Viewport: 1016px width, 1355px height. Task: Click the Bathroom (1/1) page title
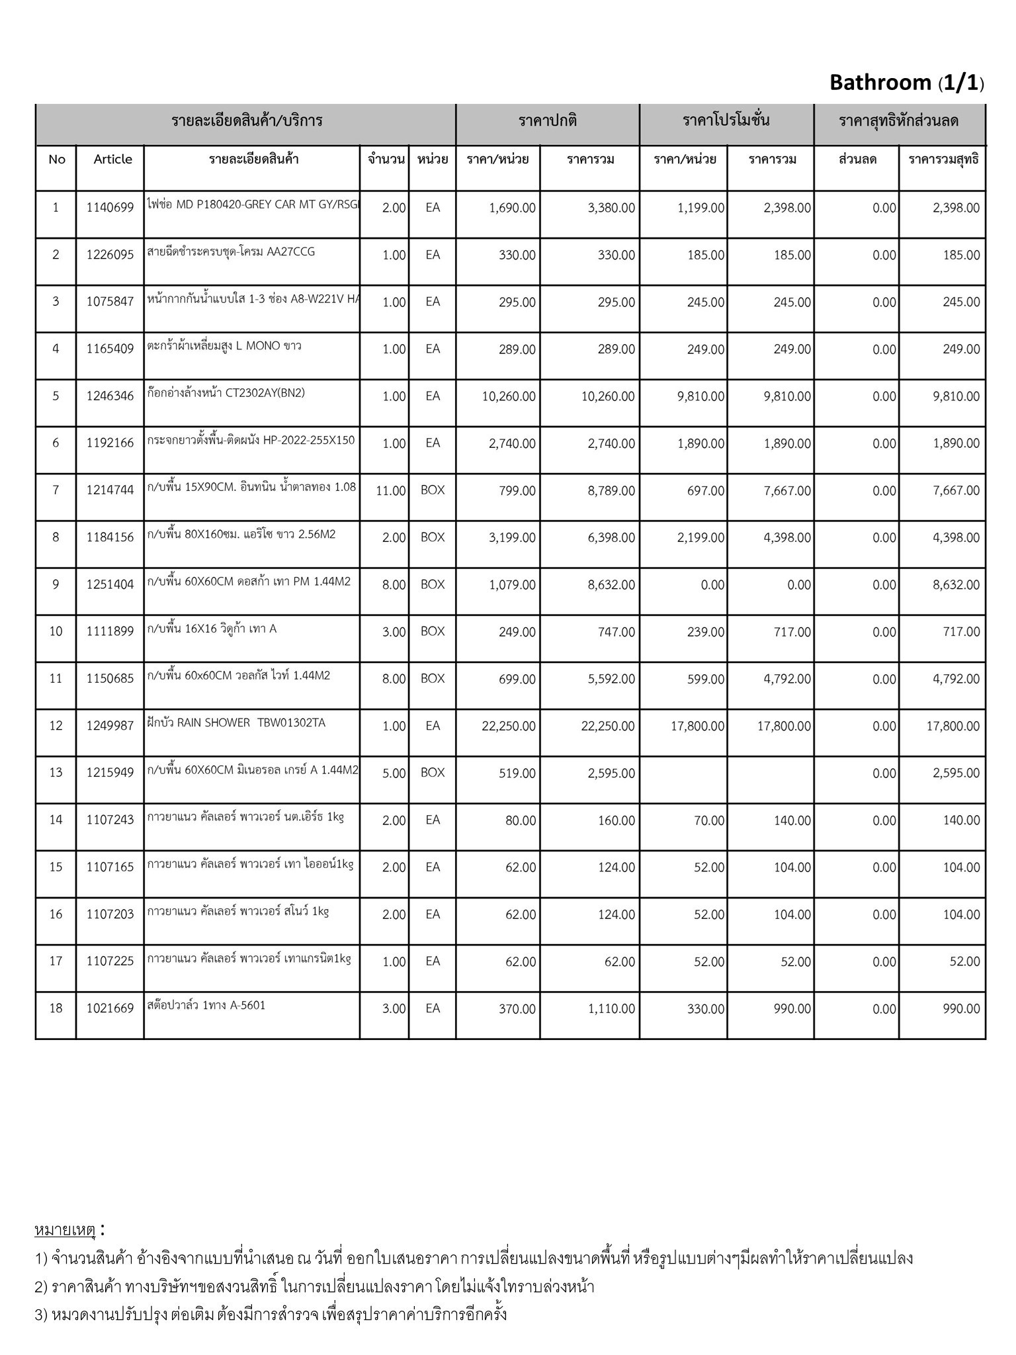click(x=906, y=83)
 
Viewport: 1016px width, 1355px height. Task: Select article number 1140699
click(x=110, y=208)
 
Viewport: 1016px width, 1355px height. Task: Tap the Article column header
click(x=112, y=159)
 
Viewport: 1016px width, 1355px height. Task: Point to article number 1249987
click(x=110, y=726)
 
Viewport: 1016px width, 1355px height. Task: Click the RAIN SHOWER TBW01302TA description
click(x=237, y=722)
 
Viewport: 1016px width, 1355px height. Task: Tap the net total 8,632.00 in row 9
click(x=956, y=585)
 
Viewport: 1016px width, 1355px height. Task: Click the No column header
click(x=57, y=159)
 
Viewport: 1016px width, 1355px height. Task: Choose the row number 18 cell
click(x=56, y=1008)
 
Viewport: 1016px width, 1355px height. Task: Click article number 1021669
click(x=110, y=1009)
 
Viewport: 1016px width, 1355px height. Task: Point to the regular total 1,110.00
click(x=610, y=1009)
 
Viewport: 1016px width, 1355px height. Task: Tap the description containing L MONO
click(x=224, y=346)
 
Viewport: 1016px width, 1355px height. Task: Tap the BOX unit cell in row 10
click(x=433, y=632)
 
